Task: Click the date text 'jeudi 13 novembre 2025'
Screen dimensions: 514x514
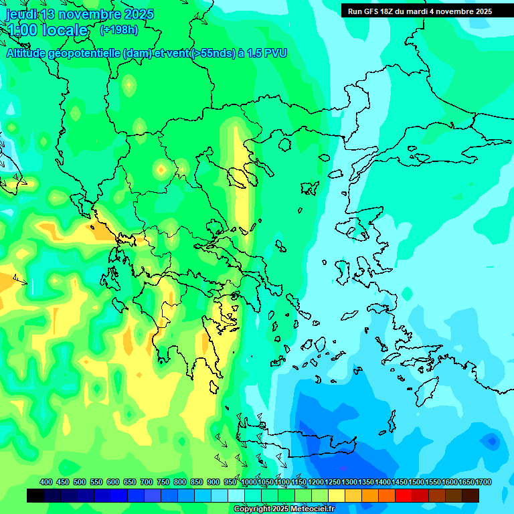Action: pos(80,14)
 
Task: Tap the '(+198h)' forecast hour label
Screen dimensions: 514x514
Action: pos(119,29)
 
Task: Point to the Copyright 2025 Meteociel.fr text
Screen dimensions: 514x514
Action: pos(284,509)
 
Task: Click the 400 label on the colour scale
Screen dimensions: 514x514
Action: pos(46,482)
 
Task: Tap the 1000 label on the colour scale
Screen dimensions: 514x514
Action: pos(248,482)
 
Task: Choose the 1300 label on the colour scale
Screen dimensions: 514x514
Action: pos(349,482)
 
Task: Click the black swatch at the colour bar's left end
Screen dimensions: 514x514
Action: pos(35,495)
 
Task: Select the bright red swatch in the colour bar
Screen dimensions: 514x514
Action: pos(404,495)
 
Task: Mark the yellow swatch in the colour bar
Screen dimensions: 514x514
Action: pos(337,495)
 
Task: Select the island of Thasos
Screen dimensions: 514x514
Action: pos(285,144)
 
